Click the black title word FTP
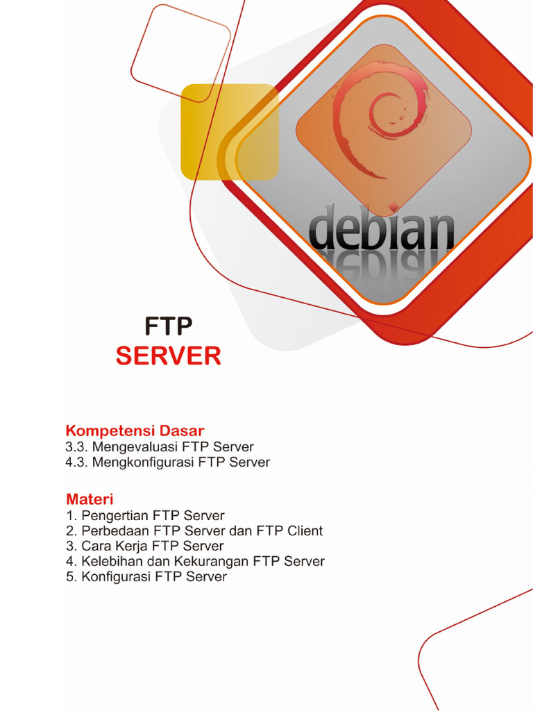168,326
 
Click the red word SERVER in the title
168,356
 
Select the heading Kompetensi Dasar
135,430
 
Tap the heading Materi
90,499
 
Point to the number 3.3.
77,447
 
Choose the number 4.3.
77,462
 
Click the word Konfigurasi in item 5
116,576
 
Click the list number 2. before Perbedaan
71,531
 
